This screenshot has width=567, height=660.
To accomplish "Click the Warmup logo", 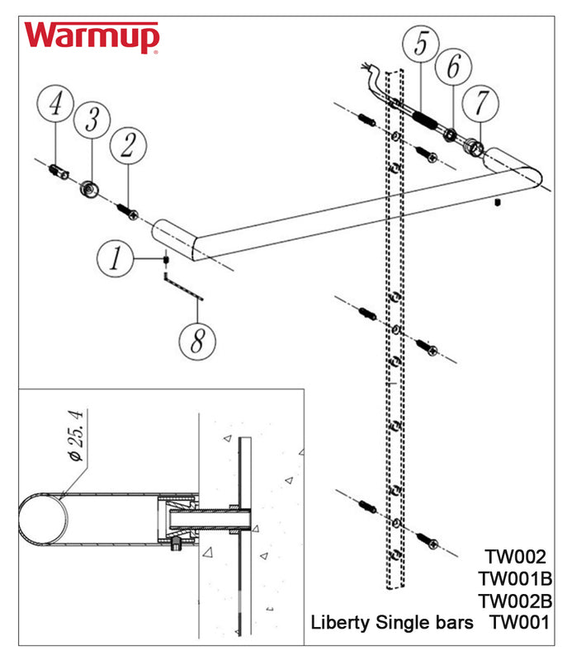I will pos(91,37).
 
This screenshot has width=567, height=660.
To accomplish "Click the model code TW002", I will pos(516,557).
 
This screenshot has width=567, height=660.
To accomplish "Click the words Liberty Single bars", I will pos(392,622).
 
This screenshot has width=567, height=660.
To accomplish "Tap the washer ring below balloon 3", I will pos(89,191).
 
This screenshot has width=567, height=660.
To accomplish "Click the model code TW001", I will pos(519,622).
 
